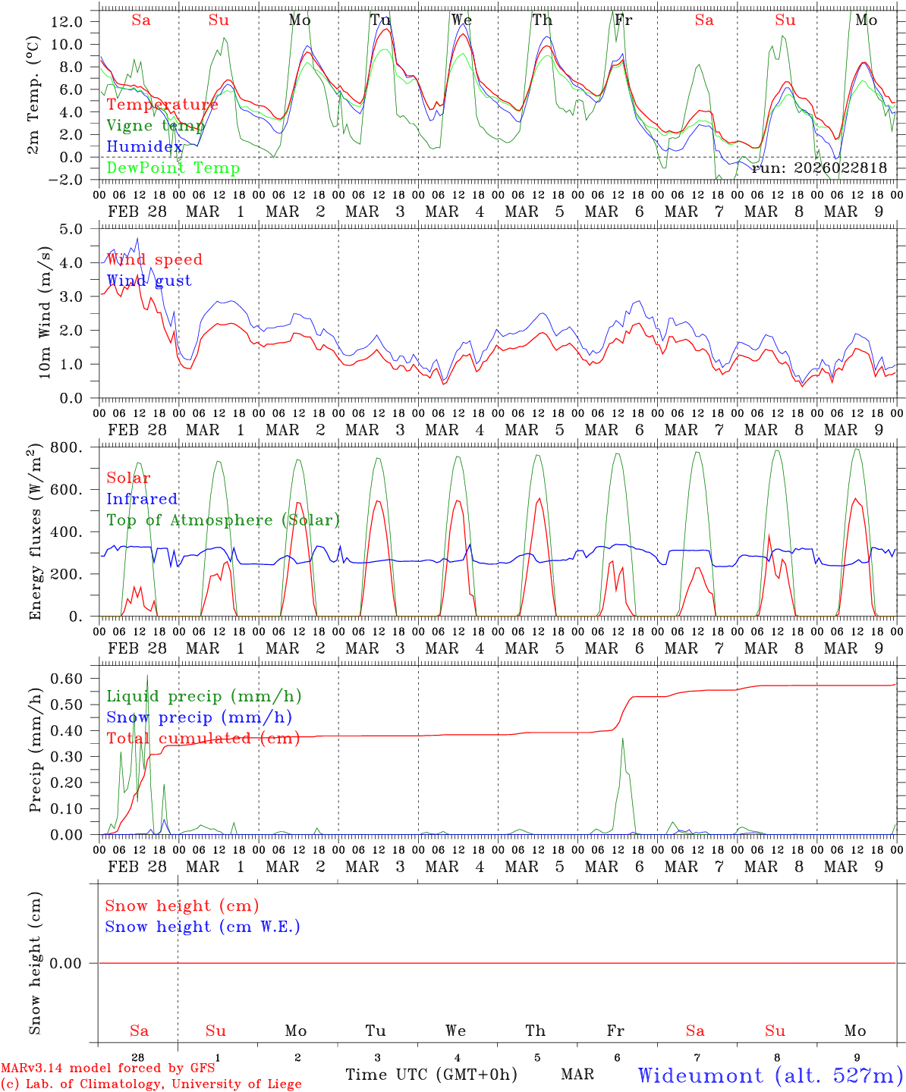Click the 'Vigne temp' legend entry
pos(156,126)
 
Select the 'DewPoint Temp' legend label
pos(173,168)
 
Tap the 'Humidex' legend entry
pos(144,147)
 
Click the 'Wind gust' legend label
pos(149,281)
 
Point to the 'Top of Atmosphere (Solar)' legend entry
pos(223,520)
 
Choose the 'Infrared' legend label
pos(142,499)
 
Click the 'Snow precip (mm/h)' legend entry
pos(199,717)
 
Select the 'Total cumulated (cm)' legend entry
pos(203,739)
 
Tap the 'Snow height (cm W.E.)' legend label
pos(203,927)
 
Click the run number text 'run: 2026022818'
pos(819,168)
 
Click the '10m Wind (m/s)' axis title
pos(45,312)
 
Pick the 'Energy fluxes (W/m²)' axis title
pos(34,533)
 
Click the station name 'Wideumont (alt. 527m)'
pos(769,1075)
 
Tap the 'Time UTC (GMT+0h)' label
pos(431,1075)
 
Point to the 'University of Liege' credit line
pos(151,1084)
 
